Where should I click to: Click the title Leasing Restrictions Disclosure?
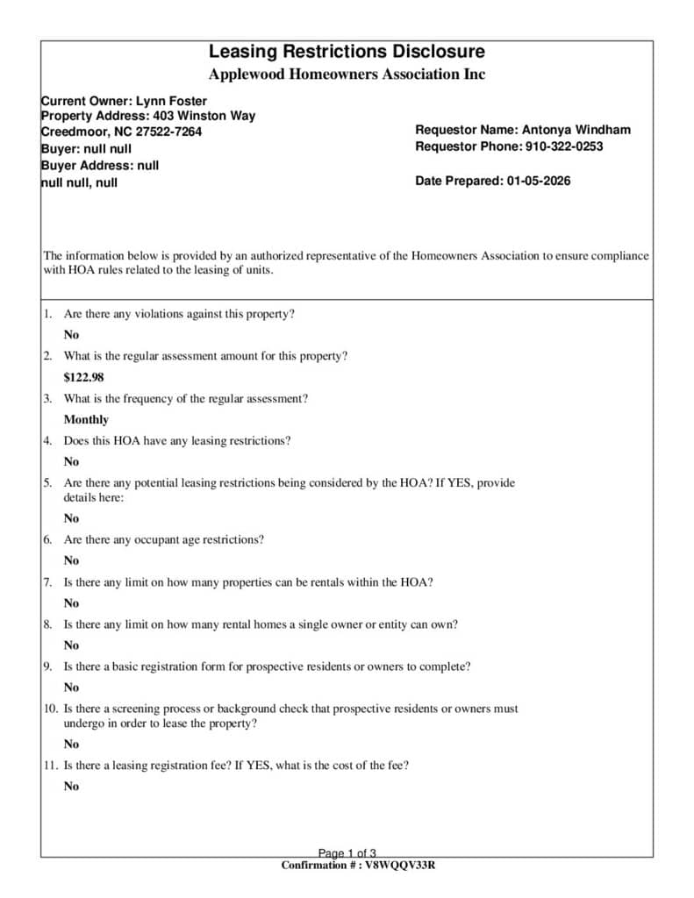pyautogui.click(x=347, y=52)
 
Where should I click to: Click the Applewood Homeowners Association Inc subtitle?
pyautogui.click(x=347, y=75)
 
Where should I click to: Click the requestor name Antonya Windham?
pyautogui.click(x=576, y=130)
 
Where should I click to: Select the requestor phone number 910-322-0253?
pyautogui.click(x=563, y=146)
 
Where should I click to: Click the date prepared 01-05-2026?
pyautogui.click(x=538, y=181)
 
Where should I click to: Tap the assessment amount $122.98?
pyautogui.click(x=83, y=377)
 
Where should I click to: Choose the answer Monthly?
pyautogui.click(x=86, y=419)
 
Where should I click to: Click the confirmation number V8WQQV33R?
pyautogui.click(x=400, y=866)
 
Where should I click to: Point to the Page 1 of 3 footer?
pyautogui.click(x=347, y=853)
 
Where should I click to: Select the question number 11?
pyautogui.click(x=50, y=765)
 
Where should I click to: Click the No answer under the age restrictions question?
pyautogui.click(x=71, y=560)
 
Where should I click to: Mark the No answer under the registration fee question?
pyautogui.click(x=71, y=786)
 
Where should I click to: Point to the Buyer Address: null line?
pyautogui.click(x=100, y=165)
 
